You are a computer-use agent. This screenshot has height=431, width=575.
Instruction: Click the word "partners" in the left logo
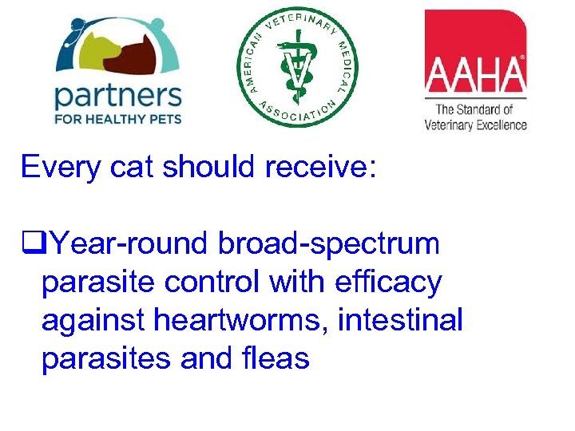point(117,97)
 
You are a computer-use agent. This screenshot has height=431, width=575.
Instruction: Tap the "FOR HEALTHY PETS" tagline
point(117,120)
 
